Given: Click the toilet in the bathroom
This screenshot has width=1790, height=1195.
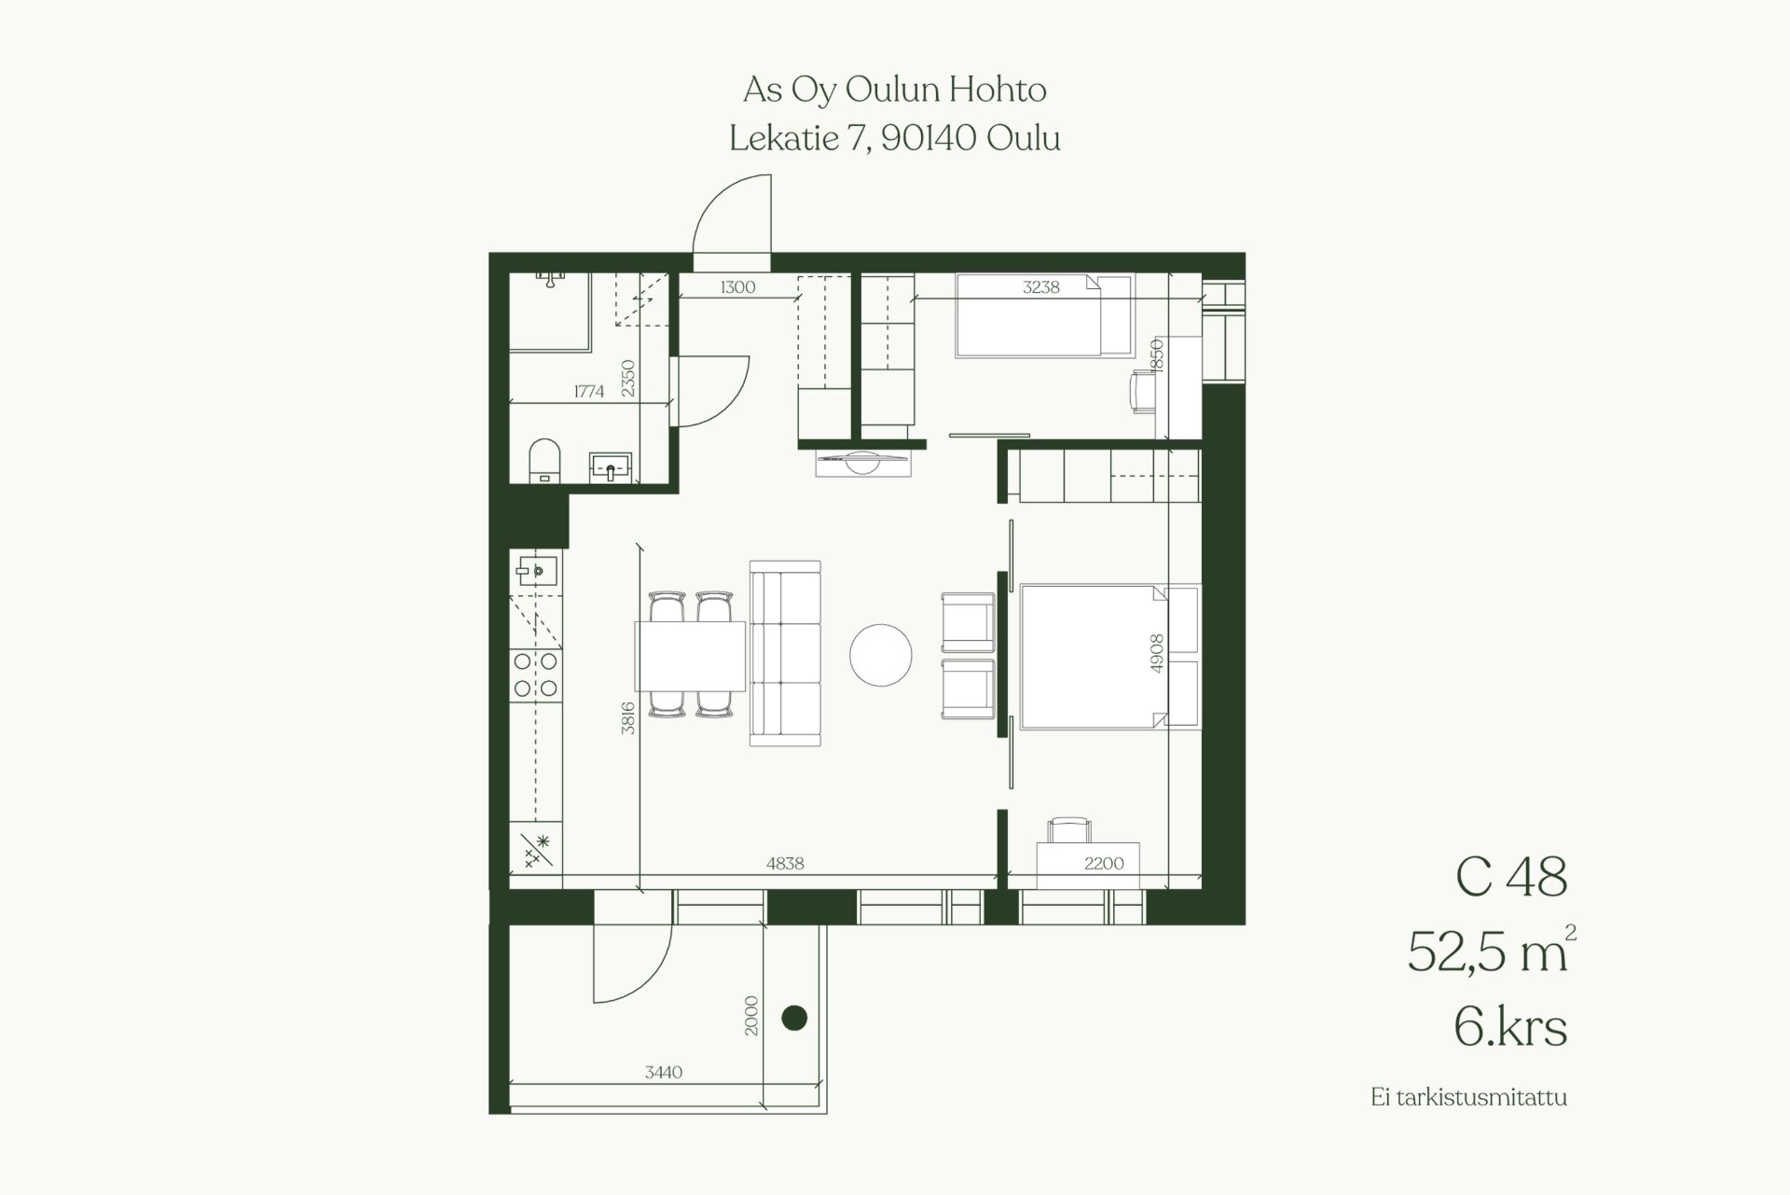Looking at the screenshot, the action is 544,461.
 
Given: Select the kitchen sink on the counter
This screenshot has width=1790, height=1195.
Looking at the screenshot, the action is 536,568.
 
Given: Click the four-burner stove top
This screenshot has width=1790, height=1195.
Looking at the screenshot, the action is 536,674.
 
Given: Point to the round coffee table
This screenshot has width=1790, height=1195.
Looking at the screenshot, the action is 880,655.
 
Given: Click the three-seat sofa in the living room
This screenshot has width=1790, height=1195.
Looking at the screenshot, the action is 785,653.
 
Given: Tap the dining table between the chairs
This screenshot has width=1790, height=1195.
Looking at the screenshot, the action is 691,656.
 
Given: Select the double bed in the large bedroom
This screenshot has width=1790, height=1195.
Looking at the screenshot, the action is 1109,657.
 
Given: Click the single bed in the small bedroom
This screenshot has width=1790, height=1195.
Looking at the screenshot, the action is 1044,315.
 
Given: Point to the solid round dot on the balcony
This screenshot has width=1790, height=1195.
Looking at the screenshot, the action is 793,1018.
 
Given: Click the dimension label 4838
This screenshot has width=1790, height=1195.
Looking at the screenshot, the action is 785,864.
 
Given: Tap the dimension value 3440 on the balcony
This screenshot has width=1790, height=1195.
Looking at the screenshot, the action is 664,1073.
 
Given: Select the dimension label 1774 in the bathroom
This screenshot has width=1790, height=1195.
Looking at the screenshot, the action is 589,392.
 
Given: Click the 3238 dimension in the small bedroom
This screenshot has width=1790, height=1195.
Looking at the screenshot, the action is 1041,287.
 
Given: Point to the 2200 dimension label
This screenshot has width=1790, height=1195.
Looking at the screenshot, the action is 1104,864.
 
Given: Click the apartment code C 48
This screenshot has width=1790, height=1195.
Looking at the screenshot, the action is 1510,877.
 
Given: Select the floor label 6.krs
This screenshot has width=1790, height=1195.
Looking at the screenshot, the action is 1510,1028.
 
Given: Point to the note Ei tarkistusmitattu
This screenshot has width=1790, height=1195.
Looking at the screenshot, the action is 1469,1097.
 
